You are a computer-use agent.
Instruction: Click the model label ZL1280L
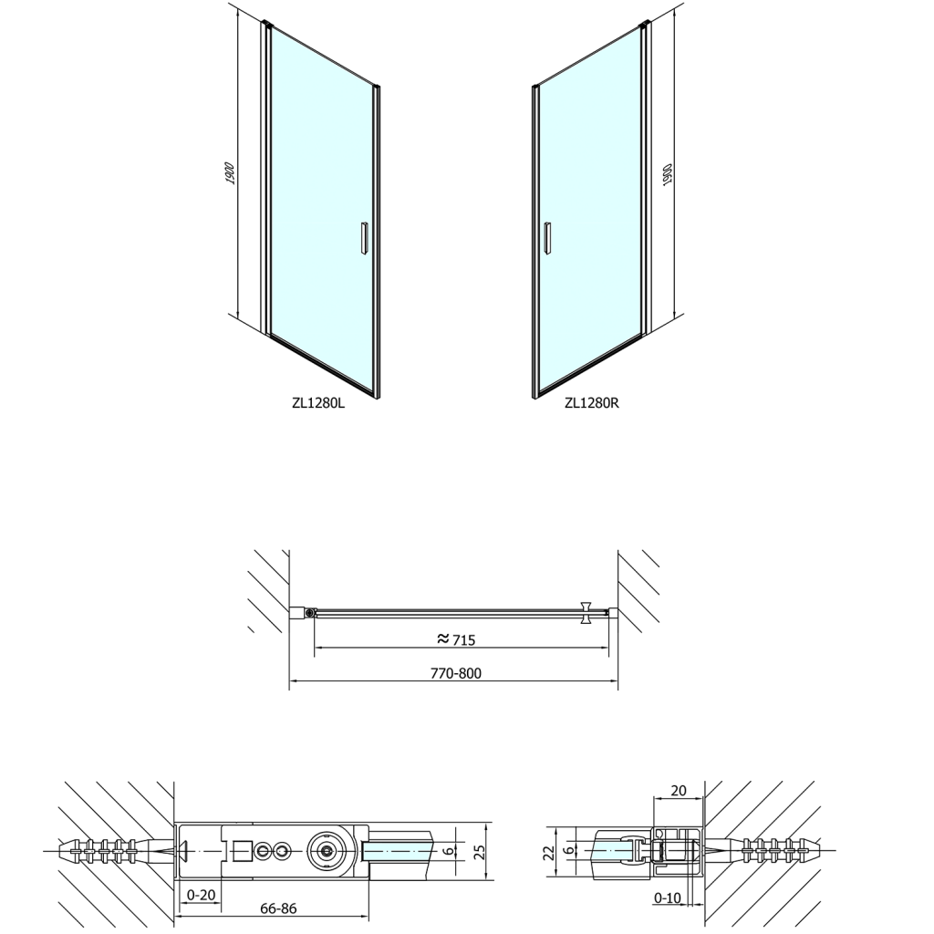[318, 403]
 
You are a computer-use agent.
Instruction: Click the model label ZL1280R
[592, 403]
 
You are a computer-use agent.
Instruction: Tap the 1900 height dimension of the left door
[231, 172]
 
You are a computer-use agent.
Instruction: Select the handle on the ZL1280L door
[364, 239]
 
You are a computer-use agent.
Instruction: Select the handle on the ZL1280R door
[547, 239]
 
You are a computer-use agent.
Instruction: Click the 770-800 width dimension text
[456, 674]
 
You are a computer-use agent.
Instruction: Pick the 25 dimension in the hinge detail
[480, 851]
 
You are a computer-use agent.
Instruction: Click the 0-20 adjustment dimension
[201, 896]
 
